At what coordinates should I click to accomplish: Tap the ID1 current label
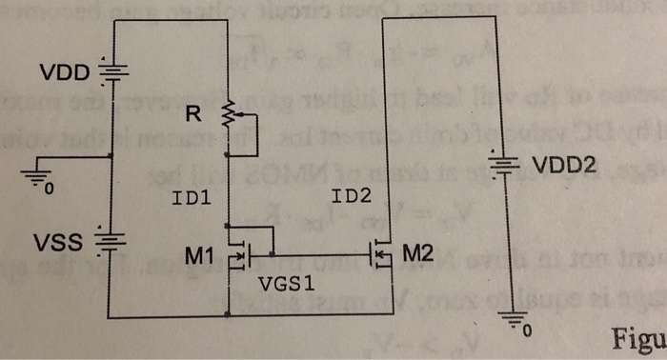click(192, 199)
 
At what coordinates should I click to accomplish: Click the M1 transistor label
click(203, 255)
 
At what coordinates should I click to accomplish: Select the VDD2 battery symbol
click(515, 169)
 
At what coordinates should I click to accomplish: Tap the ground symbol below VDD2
click(514, 327)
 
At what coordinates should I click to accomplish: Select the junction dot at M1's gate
click(273, 254)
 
